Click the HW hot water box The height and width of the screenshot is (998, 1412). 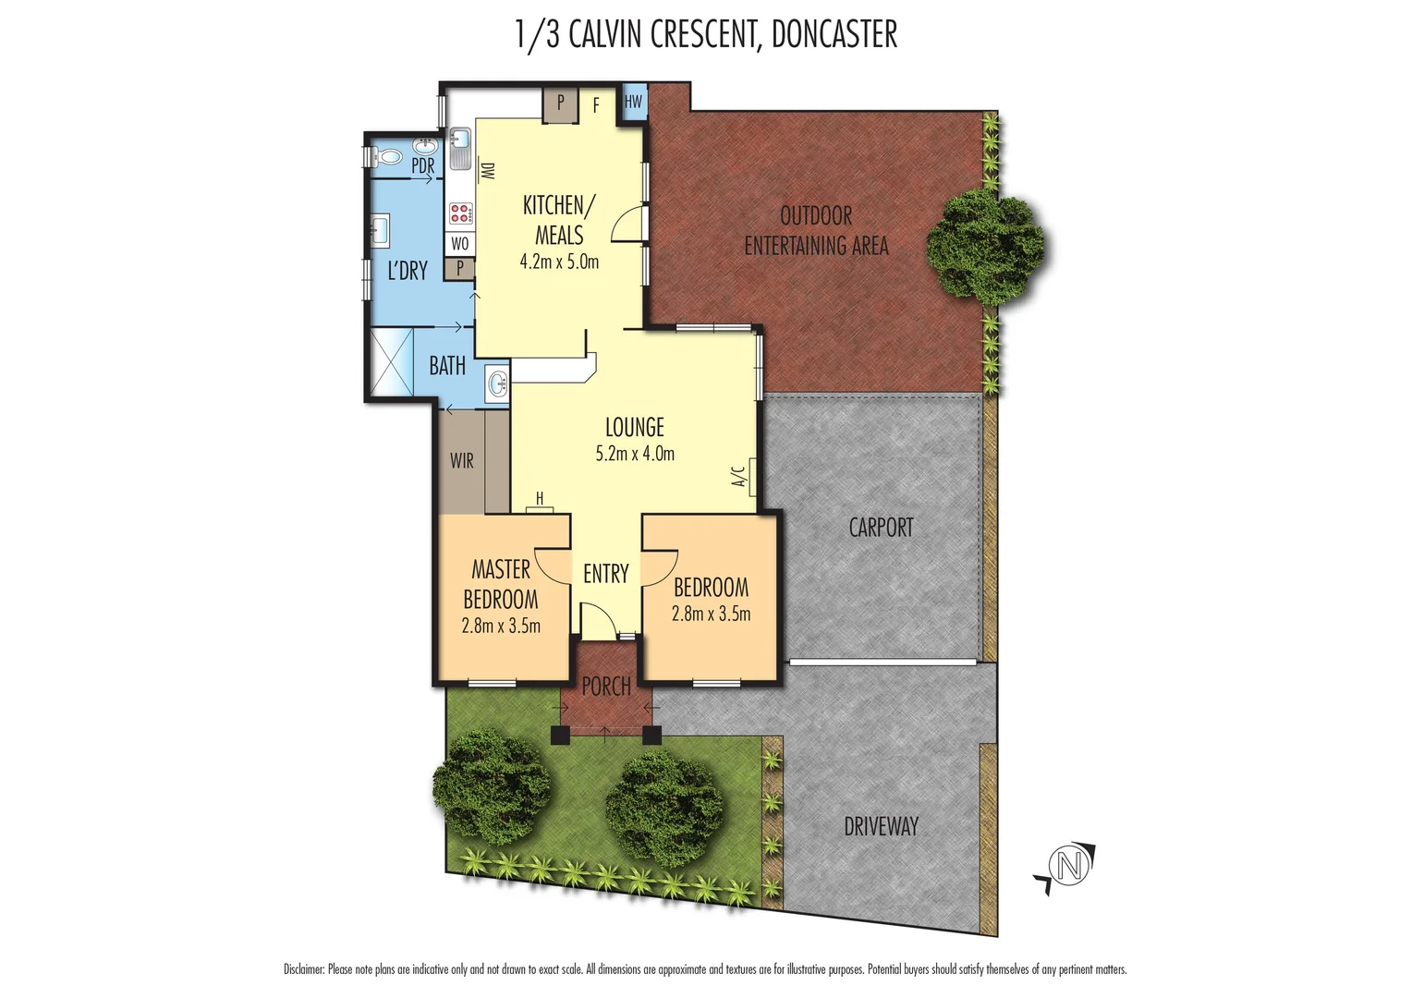coord(633,103)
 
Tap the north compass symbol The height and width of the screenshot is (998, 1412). coord(1069,867)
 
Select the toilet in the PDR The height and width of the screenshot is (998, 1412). coord(385,157)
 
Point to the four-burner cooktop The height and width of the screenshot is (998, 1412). coord(460,214)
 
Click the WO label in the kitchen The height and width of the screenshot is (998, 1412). coord(460,244)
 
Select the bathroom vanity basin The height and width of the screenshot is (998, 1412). coord(497,381)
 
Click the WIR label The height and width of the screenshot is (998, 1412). coord(462,460)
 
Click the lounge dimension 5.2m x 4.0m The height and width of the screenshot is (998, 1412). coord(635,454)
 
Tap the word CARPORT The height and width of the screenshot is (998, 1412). coord(881,528)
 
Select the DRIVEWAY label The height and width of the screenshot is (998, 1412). coord(881,826)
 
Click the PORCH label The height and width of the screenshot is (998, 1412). coord(606,687)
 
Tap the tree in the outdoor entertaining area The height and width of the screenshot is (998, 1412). coord(984,246)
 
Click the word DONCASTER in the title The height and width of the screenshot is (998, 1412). coord(834,35)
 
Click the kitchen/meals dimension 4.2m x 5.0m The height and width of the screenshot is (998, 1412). coord(559,262)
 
